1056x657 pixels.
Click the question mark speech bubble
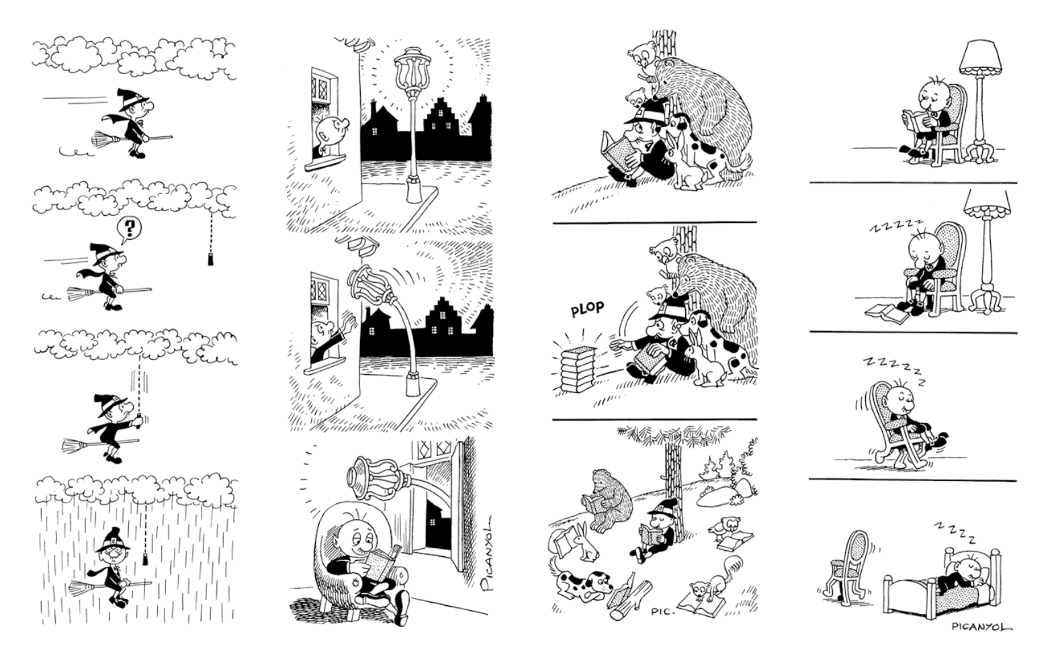pos(129,230)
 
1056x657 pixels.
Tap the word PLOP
pos(587,309)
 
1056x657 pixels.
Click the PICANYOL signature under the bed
pos(981,626)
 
